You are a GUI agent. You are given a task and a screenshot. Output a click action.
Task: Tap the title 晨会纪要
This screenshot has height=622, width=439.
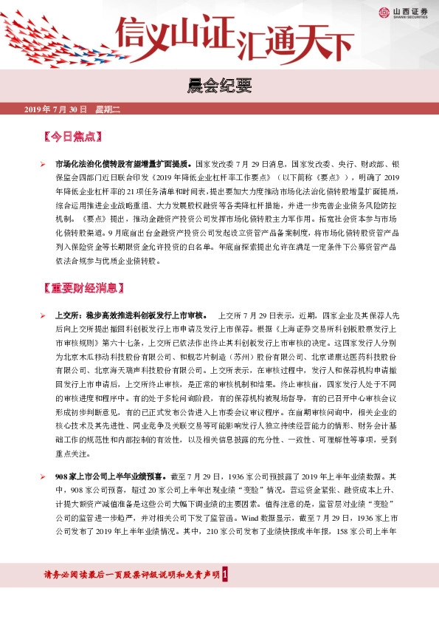219,86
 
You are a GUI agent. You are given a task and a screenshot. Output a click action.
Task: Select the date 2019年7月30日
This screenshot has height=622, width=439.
55,110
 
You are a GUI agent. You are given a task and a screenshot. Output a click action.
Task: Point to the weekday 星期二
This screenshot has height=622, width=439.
107,110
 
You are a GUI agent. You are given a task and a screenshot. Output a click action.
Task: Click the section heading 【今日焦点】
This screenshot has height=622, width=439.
73,137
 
